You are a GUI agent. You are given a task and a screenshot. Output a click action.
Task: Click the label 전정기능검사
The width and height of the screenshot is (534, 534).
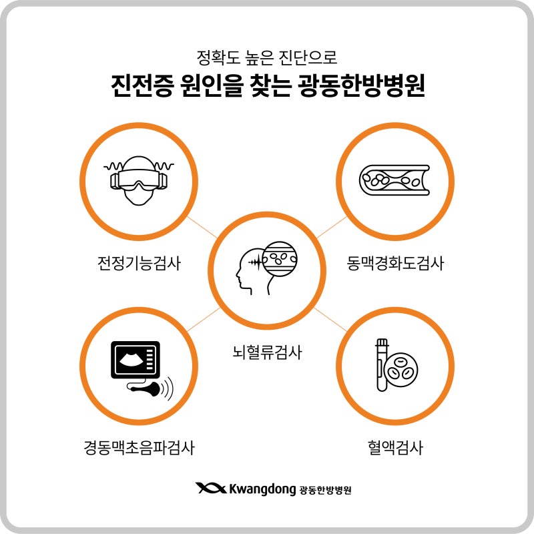tap(139, 263)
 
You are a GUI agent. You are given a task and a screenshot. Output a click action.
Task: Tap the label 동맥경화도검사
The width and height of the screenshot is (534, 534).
tap(395, 263)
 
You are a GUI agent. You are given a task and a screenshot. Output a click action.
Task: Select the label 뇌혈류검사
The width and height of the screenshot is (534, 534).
tap(267, 352)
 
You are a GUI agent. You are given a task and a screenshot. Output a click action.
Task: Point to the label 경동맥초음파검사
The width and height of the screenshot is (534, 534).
tap(139, 447)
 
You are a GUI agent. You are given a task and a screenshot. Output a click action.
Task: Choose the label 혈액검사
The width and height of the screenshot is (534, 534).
tap(395, 447)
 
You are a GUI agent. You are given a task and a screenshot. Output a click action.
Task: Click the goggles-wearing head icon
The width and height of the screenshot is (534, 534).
tap(139, 180)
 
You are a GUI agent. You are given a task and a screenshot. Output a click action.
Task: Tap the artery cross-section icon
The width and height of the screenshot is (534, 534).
tap(394, 180)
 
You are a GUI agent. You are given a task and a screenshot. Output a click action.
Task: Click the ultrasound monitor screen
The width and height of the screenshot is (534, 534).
tap(136, 360)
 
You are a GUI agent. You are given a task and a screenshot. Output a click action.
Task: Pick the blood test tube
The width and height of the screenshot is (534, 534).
tap(382, 364)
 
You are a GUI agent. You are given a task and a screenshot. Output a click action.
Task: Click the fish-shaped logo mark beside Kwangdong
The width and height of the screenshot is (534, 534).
tap(211, 488)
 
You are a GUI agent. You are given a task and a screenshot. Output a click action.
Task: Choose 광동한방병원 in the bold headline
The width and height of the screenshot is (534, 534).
tap(361, 85)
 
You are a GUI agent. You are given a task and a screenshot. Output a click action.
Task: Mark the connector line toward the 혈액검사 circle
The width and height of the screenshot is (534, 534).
tap(330, 319)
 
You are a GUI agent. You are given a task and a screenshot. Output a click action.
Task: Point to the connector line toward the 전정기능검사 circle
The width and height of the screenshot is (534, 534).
tap(202, 227)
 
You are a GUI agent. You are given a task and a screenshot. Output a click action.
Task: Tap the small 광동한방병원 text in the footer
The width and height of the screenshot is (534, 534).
tap(325, 490)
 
